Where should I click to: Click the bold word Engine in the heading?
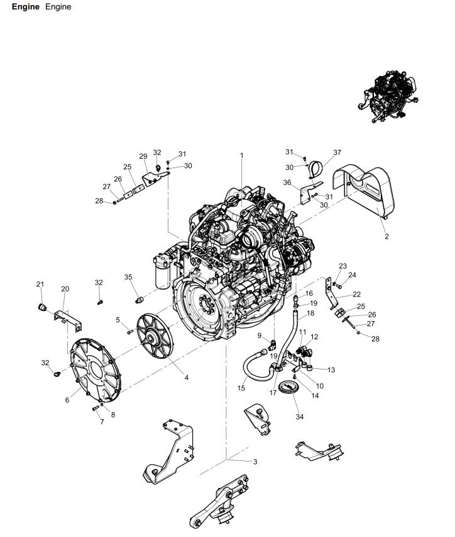click(x=25, y=7)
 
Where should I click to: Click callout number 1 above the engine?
click(x=242, y=155)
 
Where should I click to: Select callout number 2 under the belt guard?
click(x=386, y=237)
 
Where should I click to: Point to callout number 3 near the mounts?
click(x=255, y=461)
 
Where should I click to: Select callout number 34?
click(x=300, y=417)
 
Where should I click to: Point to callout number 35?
click(x=128, y=277)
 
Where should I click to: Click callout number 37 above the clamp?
click(x=337, y=153)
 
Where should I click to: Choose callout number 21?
click(x=40, y=285)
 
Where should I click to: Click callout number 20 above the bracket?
click(x=65, y=289)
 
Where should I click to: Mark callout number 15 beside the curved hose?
click(x=241, y=388)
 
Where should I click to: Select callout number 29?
click(x=143, y=156)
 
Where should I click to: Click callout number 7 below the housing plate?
click(x=101, y=422)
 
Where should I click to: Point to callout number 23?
click(x=343, y=266)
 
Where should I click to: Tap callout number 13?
click(x=331, y=370)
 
